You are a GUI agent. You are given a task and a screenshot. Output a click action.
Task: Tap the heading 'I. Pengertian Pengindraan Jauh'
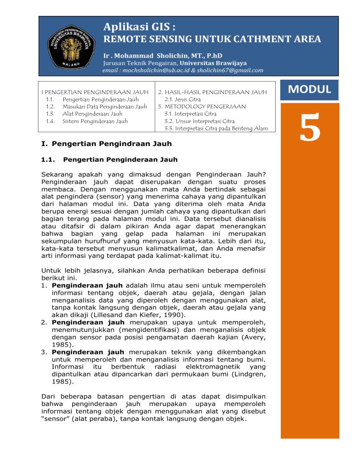(105, 143)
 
